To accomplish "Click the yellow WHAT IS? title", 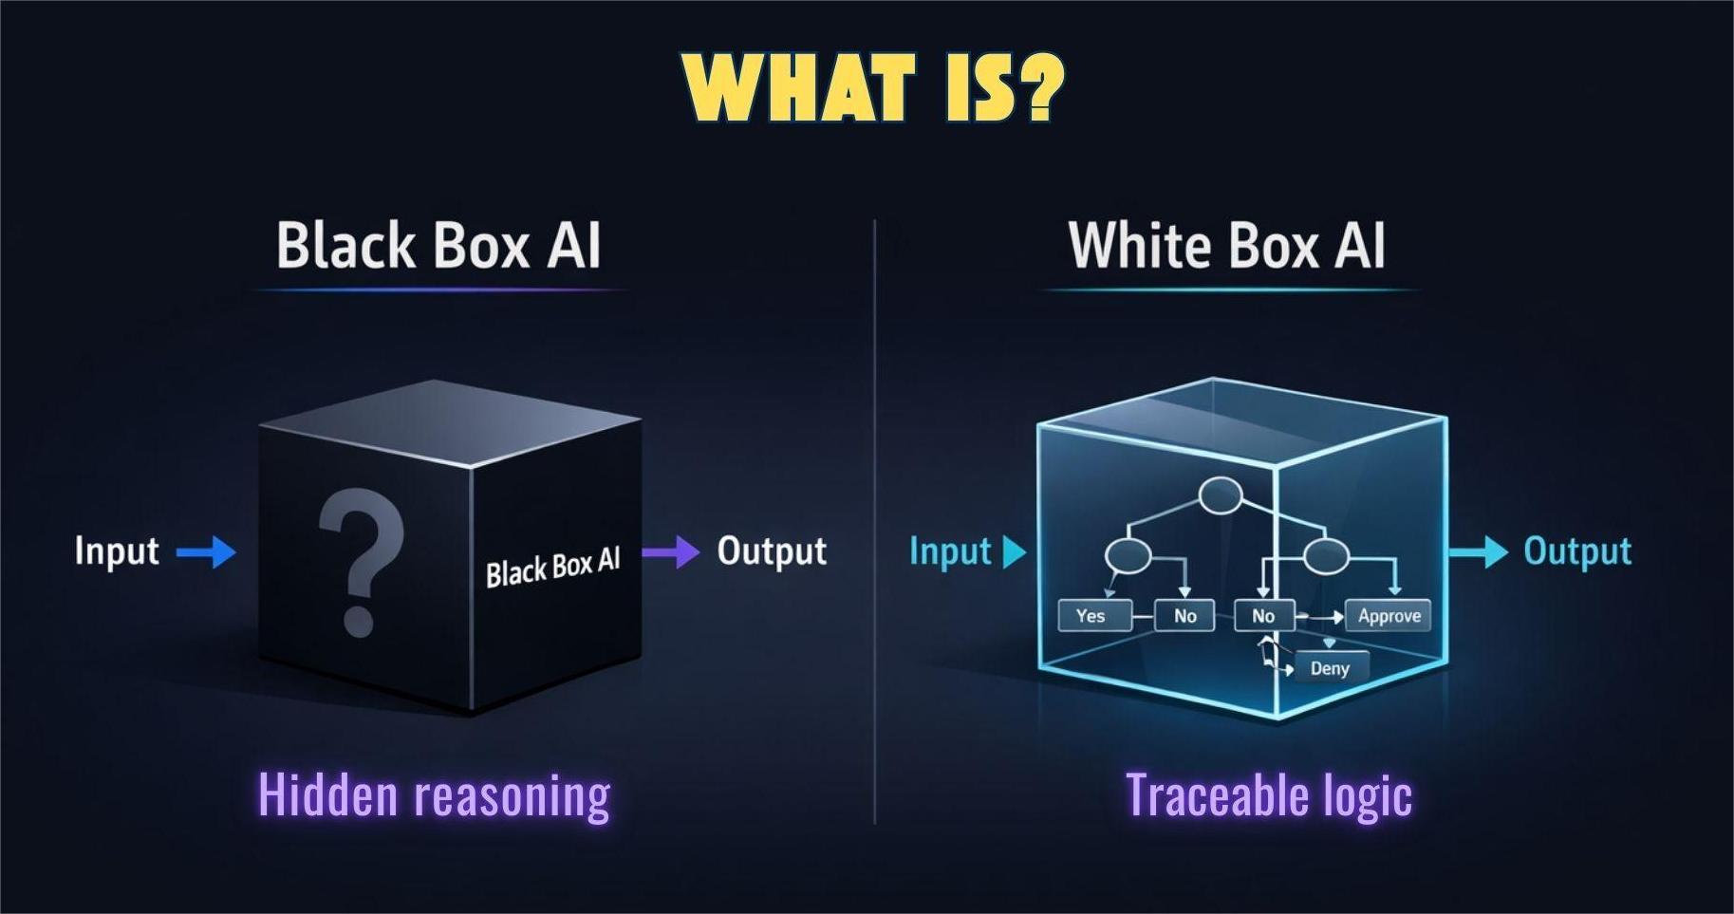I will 873,86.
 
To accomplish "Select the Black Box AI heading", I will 438,246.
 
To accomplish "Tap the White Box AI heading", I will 1226,246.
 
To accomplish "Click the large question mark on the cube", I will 360,560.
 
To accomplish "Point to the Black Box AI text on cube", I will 552,567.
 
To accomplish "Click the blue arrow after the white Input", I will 207,551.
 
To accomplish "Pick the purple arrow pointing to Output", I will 671,551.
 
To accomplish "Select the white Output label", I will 772,551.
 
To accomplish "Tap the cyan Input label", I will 950,551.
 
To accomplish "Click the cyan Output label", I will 1577,551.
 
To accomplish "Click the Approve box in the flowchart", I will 1389,616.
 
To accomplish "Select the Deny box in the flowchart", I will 1330,668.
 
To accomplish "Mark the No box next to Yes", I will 1184,616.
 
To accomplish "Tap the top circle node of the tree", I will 1221,495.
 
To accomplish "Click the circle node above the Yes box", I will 1128,555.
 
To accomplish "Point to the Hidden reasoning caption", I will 435,795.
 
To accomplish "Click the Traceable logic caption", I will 1269,795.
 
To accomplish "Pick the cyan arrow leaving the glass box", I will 1478,551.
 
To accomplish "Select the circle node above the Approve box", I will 1325,556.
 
